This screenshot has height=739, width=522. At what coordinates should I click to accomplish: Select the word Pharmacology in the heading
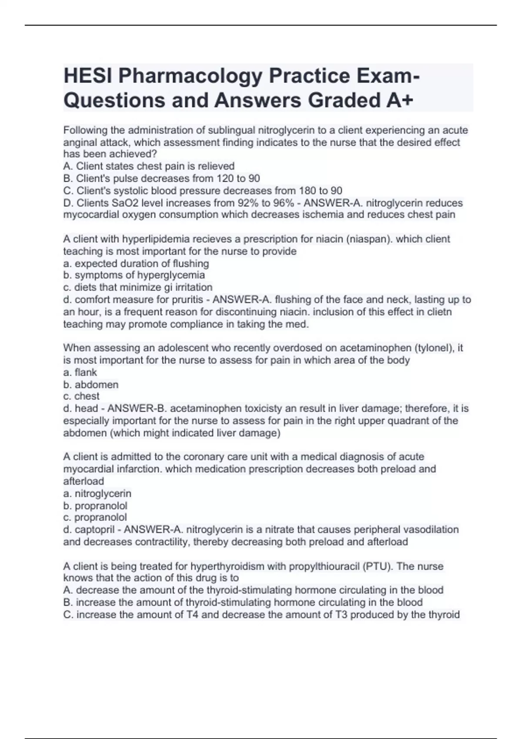(x=191, y=76)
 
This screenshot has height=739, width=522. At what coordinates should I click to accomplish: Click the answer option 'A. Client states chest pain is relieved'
(x=149, y=166)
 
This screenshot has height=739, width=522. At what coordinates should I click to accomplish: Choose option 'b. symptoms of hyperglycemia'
(x=134, y=275)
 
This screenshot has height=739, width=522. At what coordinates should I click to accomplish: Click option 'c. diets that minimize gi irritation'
(x=138, y=287)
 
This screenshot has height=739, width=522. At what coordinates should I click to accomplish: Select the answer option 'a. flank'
(x=80, y=372)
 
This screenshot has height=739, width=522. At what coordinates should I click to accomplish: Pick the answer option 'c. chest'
(x=81, y=396)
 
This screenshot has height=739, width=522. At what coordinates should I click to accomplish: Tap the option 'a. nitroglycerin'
(x=97, y=493)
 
